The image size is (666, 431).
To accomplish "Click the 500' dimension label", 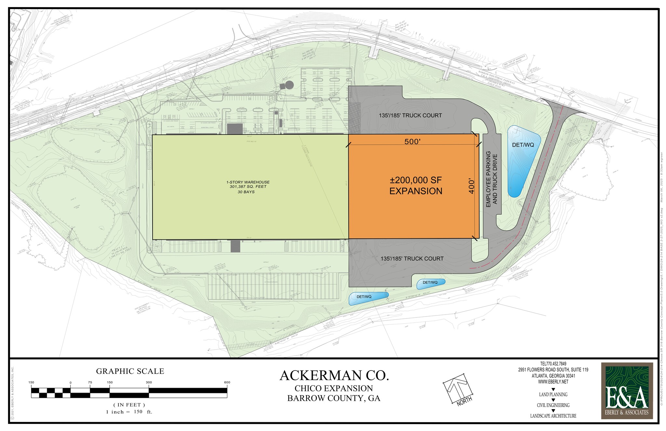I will click(x=412, y=142).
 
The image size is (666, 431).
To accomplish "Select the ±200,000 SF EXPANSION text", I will click(x=416, y=185).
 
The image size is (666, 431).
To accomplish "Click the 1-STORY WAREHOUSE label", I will click(x=248, y=187).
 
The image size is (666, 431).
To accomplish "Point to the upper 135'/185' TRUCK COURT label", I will click(x=410, y=115).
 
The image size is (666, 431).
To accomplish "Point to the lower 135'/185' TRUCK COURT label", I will click(x=412, y=259).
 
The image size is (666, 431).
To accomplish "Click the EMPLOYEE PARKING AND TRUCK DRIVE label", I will click(x=491, y=179).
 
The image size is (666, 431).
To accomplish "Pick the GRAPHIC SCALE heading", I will click(x=130, y=371).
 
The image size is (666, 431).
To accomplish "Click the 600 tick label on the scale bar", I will click(x=227, y=382).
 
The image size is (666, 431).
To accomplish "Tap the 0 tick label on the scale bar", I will click(x=71, y=382).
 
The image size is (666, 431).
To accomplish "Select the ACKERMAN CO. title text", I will click(x=334, y=375).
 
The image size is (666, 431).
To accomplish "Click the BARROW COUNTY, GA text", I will click(x=334, y=398).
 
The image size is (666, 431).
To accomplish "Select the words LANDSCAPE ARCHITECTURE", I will click(x=553, y=416).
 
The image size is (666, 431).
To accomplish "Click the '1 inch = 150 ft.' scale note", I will click(x=129, y=412).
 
